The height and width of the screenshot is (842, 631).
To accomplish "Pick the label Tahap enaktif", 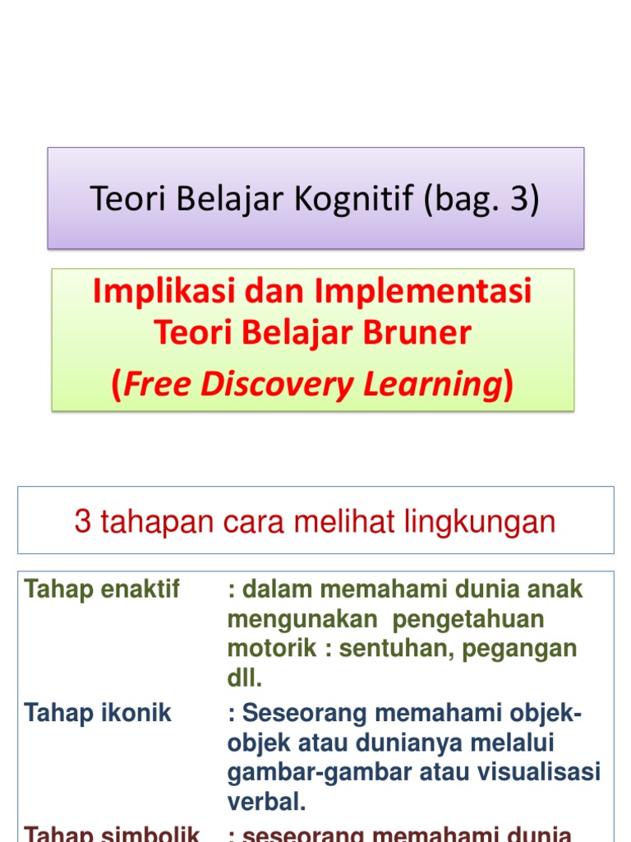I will (102, 590).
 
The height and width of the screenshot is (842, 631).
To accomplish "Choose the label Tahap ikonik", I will (98, 713).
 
